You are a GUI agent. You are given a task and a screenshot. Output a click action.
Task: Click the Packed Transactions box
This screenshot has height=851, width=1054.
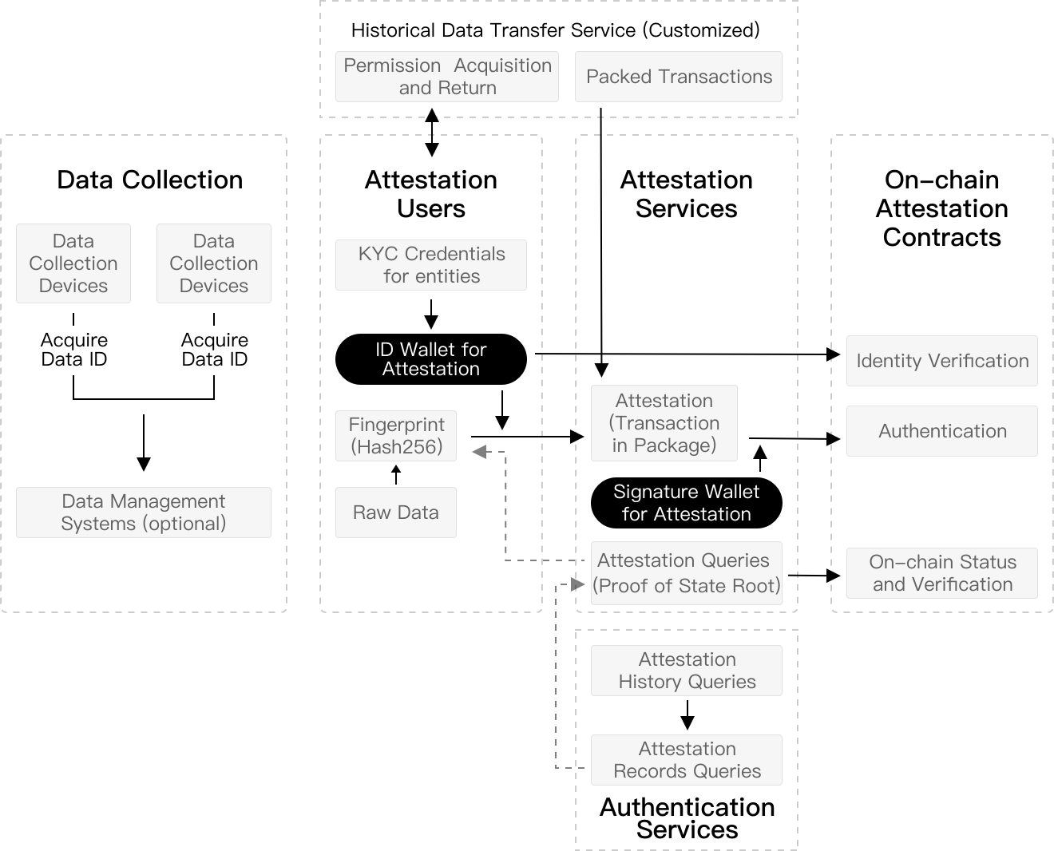[679, 77]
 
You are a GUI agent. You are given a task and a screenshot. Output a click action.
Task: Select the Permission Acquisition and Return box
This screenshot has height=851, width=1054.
[447, 77]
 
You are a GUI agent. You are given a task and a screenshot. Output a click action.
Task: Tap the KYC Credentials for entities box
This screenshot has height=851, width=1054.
[431, 265]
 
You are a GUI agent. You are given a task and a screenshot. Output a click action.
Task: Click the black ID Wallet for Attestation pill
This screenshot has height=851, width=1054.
[431, 359]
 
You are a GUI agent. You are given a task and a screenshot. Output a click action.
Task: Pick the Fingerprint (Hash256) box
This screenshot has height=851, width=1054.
[396, 436]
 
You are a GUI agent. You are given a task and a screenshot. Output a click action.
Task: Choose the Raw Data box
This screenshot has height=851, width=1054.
[396, 513]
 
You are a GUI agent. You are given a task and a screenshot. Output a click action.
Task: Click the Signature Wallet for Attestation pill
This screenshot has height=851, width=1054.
[687, 503]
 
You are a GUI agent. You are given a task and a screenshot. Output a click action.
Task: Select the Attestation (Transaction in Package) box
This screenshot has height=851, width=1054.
[664, 423]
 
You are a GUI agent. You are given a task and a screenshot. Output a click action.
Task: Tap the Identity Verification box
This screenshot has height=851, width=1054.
[942, 361]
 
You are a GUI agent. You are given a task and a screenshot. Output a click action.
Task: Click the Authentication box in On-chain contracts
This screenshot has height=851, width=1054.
[942, 431]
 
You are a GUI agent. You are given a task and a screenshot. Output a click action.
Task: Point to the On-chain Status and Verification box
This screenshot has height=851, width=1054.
[942, 573]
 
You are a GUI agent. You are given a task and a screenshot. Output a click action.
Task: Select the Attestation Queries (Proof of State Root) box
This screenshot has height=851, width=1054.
[687, 573]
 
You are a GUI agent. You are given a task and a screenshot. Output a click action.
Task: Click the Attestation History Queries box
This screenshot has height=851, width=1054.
[687, 671]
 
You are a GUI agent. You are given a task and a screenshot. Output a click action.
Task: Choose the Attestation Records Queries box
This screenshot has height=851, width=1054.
[687, 760]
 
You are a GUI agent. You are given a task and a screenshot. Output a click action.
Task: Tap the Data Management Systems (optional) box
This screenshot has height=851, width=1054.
[144, 513]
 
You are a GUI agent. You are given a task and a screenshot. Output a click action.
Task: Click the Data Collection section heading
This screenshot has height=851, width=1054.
[150, 180]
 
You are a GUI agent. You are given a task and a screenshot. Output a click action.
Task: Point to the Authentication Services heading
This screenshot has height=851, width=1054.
[687, 818]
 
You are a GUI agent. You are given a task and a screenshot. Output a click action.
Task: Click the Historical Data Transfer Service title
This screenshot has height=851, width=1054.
[555, 30]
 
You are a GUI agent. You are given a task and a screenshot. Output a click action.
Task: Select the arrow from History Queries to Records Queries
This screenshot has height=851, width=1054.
[687, 715]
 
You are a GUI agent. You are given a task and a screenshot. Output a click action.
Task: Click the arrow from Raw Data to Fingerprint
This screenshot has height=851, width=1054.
[396, 474]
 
